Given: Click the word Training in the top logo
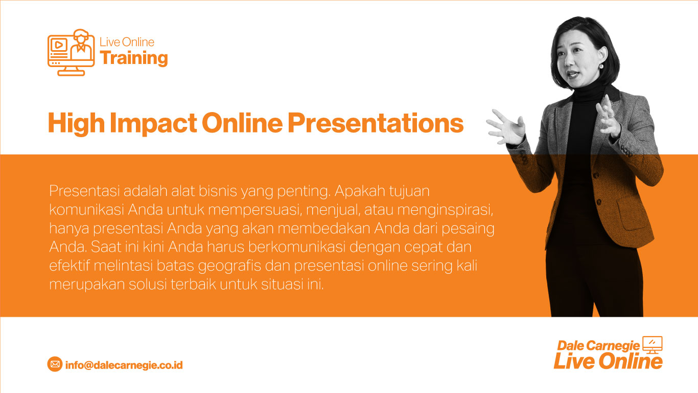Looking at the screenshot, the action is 134,58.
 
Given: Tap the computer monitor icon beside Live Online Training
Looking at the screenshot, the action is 71,52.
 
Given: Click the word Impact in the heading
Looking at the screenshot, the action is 153,124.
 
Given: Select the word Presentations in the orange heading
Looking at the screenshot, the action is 376,123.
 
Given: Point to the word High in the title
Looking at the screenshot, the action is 76,124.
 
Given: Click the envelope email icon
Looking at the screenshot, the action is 55,364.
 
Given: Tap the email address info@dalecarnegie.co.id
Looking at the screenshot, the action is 124,365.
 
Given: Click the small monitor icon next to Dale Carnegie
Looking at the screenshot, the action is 653,344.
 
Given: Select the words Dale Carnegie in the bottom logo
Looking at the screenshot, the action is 598,345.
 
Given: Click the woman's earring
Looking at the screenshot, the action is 601,66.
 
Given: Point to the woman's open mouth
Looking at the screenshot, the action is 573,75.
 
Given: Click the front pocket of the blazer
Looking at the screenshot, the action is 633,214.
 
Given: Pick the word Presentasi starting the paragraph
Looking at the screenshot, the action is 84,191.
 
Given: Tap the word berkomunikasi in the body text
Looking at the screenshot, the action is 297,247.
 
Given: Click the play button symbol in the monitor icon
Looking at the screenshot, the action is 58,45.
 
